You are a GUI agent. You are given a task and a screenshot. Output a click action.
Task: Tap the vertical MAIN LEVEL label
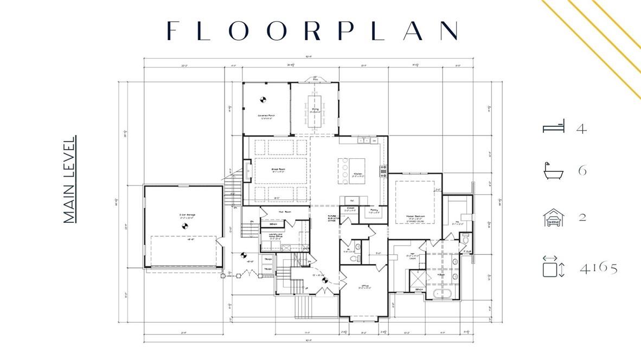tap(69, 179)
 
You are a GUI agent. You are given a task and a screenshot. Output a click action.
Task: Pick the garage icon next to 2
tap(554, 217)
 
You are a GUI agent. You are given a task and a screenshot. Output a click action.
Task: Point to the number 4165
tap(598, 268)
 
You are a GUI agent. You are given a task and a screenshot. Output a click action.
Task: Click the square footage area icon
tap(554, 267)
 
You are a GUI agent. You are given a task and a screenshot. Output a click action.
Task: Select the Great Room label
tap(279, 170)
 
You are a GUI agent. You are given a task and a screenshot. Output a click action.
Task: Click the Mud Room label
tap(282, 211)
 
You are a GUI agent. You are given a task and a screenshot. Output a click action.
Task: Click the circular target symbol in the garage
tap(184, 226)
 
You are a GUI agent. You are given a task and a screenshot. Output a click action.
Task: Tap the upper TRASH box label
tap(268, 259)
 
